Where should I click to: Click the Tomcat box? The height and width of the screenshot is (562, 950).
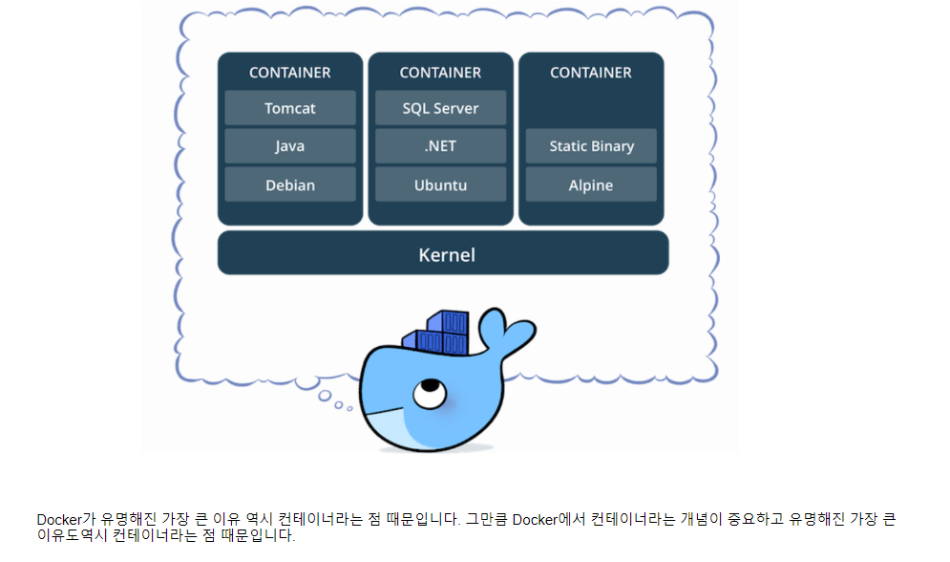290,108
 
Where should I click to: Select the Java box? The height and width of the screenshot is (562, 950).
290,146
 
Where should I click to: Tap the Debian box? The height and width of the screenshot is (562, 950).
290,185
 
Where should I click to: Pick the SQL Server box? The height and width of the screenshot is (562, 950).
440,108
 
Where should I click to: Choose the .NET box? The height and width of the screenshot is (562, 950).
440,146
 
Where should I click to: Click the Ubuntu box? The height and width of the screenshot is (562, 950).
440,185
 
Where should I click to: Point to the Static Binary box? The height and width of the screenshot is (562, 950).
591,146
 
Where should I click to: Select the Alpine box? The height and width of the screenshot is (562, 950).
591,185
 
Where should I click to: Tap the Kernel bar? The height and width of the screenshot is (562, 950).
443,254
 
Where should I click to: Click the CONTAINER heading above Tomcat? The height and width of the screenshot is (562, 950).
290,73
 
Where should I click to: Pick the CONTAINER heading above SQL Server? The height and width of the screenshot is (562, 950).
440,73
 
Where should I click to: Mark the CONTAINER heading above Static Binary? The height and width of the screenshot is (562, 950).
591,73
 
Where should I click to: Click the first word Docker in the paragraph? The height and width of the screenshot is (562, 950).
59,520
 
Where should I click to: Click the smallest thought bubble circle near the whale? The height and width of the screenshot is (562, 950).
349,409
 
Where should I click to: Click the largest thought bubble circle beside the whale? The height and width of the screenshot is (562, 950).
325,395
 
